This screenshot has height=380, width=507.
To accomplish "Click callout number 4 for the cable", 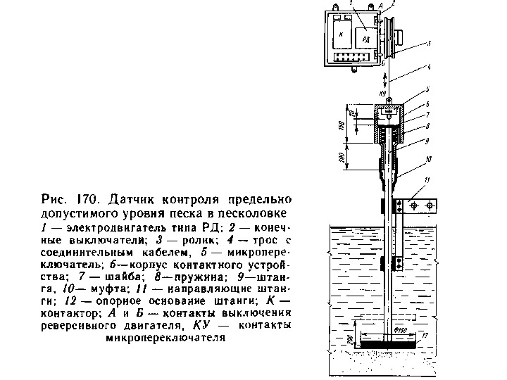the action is [427, 68].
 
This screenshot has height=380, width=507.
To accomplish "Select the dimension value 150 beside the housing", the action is [339, 127].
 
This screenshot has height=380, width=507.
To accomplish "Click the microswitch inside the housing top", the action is [389, 111].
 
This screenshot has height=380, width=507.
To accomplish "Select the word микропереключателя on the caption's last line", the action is [165, 337].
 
